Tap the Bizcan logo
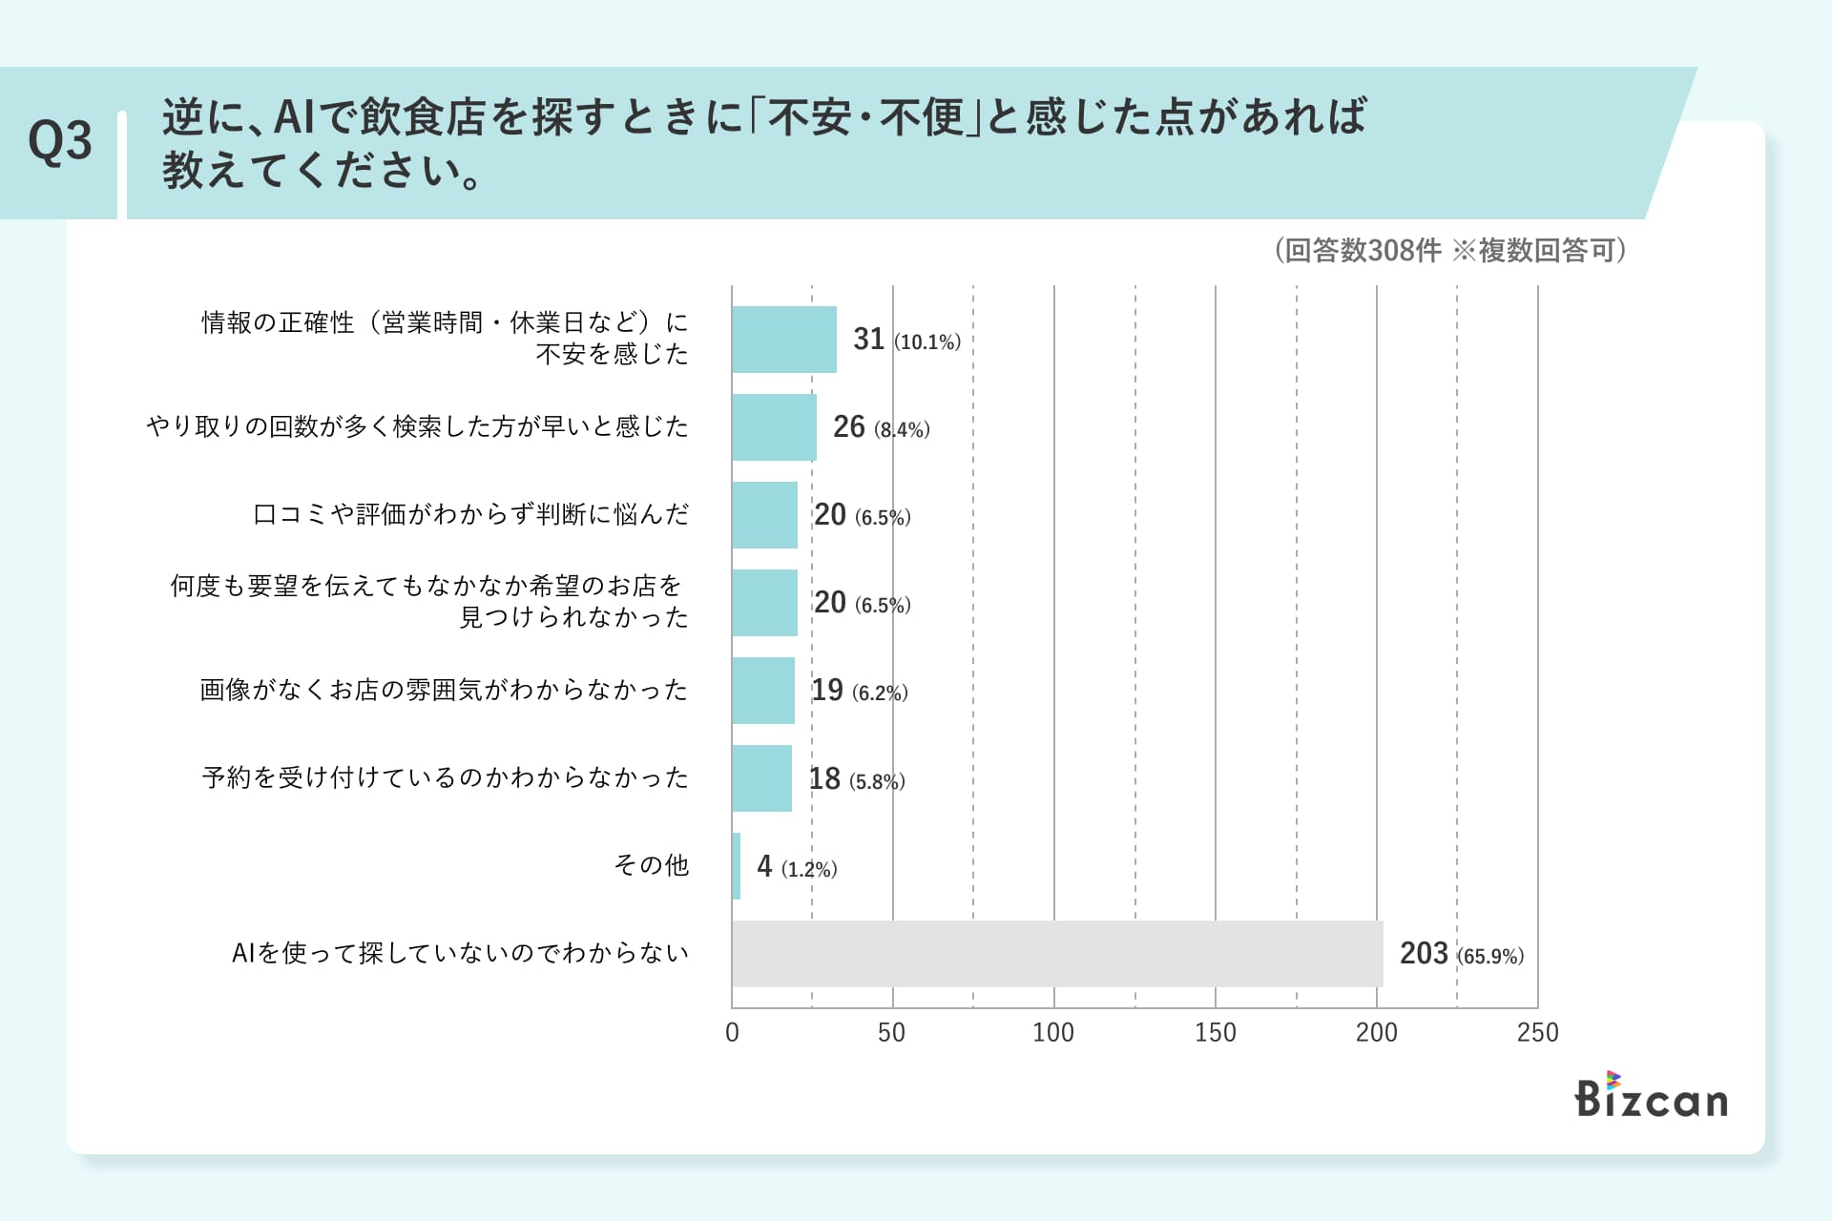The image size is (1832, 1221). pyautogui.click(x=1651, y=1096)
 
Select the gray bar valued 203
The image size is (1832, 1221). pyautogui.click(x=1057, y=953)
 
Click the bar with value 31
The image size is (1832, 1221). pyautogui.click(x=784, y=340)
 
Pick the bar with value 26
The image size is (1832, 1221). pyautogui.click(x=774, y=427)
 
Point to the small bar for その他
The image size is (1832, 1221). pyautogui.click(x=737, y=866)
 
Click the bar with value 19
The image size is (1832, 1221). pyautogui.click(x=763, y=691)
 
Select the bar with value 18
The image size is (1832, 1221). pyautogui.click(x=761, y=778)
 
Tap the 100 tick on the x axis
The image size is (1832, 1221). pyautogui.click(x=1053, y=1032)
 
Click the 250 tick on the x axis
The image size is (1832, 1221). pyautogui.click(x=1537, y=1032)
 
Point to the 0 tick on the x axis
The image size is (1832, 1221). pyautogui.click(x=732, y=1032)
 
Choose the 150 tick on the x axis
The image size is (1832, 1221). pyautogui.click(x=1215, y=1032)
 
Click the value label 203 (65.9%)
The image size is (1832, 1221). pyautogui.click(x=1461, y=954)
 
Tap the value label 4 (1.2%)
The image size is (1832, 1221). pyautogui.click(x=797, y=867)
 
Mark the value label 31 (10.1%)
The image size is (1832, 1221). pyautogui.click(x=906, y=340)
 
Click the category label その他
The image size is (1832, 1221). pyautogui.click(x=651, y=865)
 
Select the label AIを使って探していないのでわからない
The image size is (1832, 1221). pyautogui.click(x=460, y=953)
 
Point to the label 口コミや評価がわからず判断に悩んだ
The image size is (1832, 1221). pyautogui.click(x=470, y=514)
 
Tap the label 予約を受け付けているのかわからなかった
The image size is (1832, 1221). pyautogui.click(x=445, y=777)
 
